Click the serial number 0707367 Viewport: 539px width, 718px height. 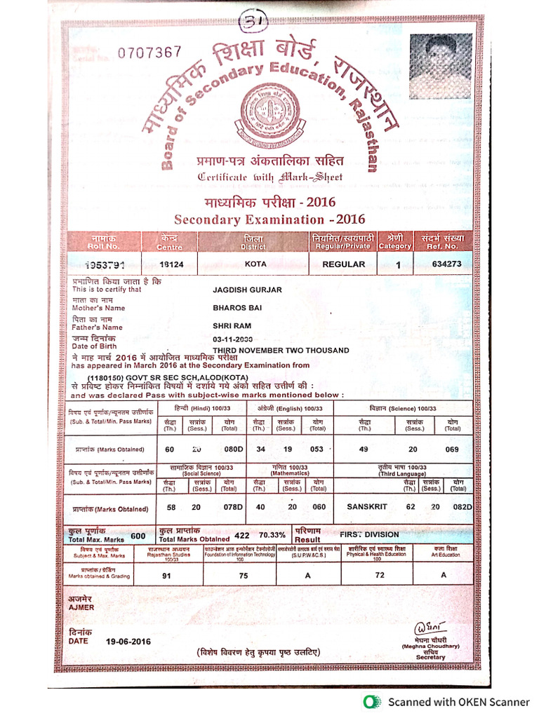click(149, 52)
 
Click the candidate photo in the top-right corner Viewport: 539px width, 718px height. click(440, 67)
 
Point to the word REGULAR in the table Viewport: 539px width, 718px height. click(343, 264)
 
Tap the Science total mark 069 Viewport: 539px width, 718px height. click(451, 449)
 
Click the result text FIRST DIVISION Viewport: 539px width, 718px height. click(369, 534)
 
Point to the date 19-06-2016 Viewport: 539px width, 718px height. click(128, 641)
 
